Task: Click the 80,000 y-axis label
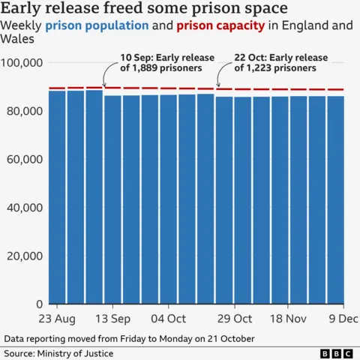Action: point(25,111)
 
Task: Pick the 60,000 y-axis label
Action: point(25,160)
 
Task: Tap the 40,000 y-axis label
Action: point(25,208)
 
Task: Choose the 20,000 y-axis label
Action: point(25,256)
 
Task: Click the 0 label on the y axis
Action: point(40,304)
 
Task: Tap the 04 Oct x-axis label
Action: point(167,319)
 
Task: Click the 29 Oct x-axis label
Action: point(232,319)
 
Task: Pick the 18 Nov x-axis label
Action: point(288,319)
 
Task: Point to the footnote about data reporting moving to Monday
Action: point(129,338)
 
